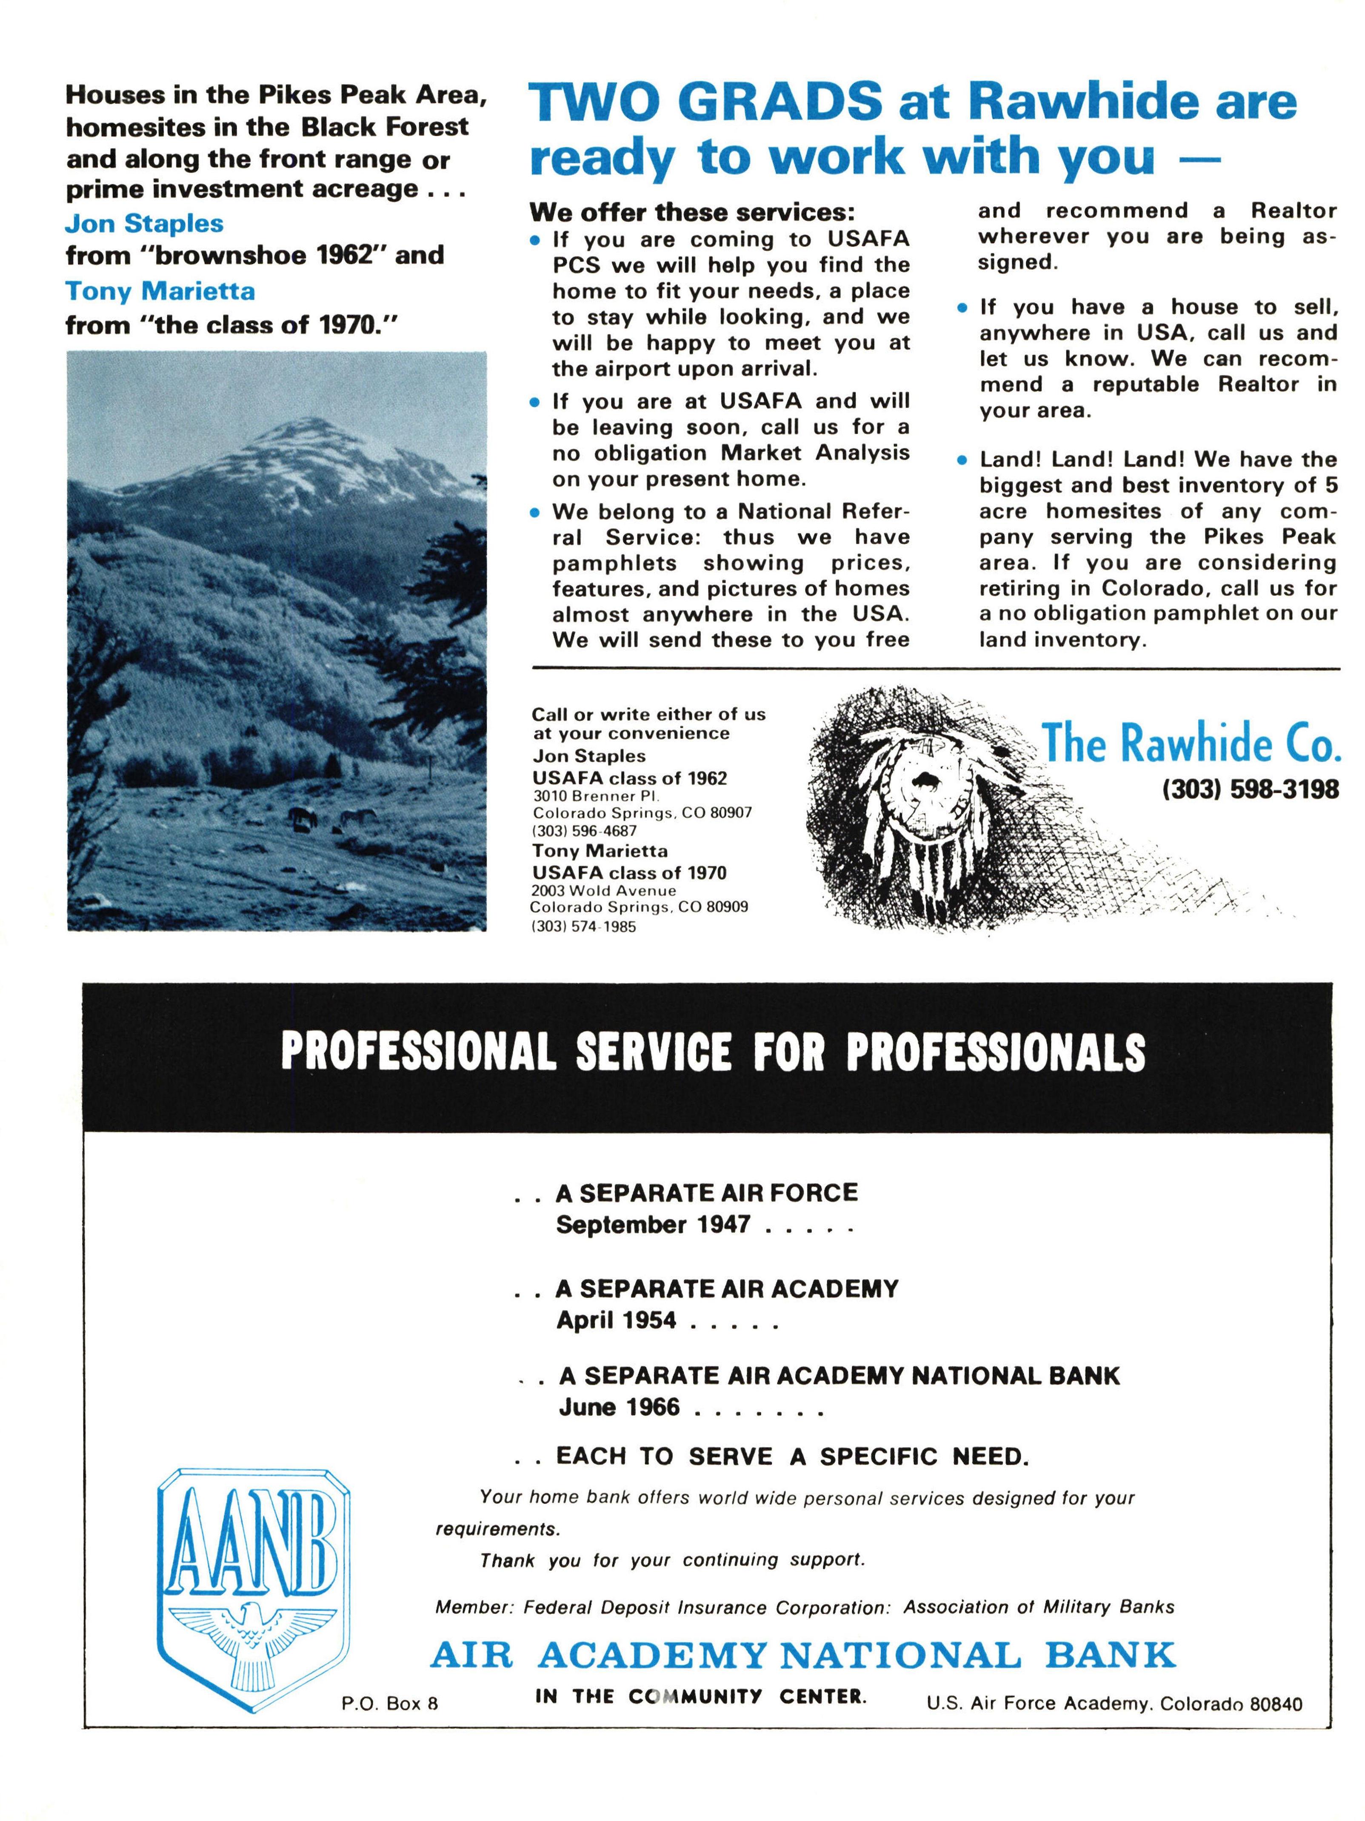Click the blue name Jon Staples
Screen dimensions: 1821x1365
[x=144, y=224]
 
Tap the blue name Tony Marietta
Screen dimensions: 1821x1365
[x=160, y=291]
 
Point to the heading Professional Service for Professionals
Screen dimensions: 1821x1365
[x=712, y=1053]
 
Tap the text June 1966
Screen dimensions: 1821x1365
[x=619, y=1407]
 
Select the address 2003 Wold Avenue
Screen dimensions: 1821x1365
[x=603, y=890]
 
